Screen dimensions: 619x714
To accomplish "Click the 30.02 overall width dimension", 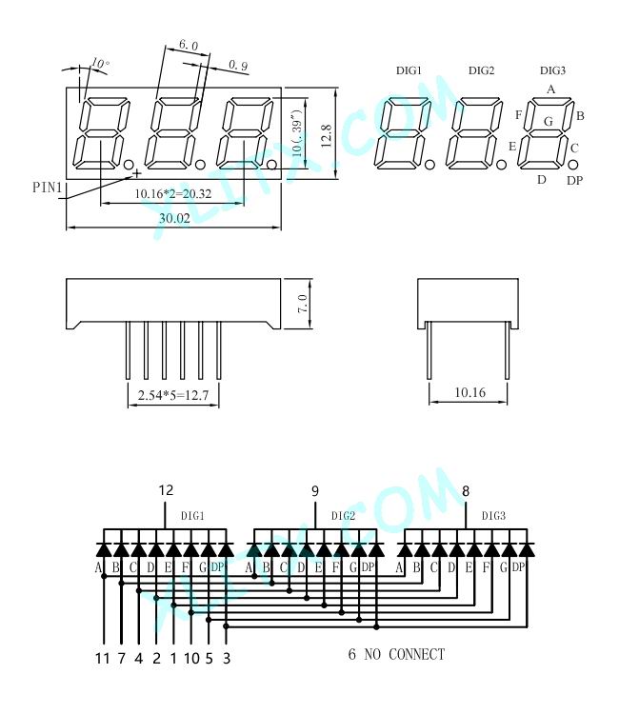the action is tap(174, 218).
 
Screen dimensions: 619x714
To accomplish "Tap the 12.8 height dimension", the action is tap(326, 136).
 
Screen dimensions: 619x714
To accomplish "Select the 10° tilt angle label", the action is tap(100, 63).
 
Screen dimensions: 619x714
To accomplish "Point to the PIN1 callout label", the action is tap(47, 187).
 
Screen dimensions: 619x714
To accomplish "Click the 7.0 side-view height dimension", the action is tap(303, 304).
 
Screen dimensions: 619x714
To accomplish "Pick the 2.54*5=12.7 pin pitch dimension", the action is tap(173, 395).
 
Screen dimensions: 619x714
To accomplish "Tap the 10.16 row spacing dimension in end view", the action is tap(469, 392).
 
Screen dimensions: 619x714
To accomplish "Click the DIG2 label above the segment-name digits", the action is tap(481, 70).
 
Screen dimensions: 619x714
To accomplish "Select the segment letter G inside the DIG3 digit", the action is tap(549, 122).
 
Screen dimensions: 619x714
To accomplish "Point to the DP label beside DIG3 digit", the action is tap(574, 180).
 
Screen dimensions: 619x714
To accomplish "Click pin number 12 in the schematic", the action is tap(166, 490).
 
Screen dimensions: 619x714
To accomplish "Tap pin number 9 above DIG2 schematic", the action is tap(315, 491).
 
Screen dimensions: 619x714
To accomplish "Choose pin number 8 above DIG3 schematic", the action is tap(465, 491).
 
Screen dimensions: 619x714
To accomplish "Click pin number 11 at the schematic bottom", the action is tap(103, 658).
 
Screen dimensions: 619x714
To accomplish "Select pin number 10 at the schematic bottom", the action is tap(191, 658).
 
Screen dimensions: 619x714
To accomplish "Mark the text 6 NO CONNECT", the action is tap(396, 654).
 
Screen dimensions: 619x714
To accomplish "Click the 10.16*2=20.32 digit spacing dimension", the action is tap(173, 194).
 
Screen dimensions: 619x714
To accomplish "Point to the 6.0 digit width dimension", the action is tap(189, 45).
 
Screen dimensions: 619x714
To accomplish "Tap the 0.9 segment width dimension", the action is tap(238, 65).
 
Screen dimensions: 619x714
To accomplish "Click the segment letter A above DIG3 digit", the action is tap(550, 89).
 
